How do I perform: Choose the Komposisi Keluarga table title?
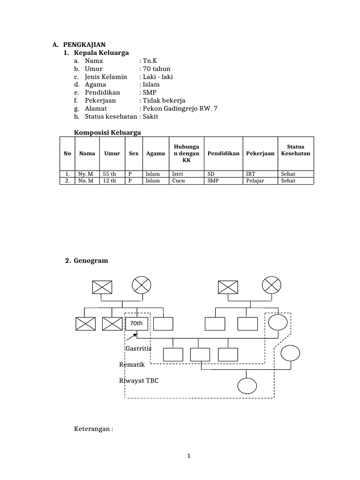point(108,133)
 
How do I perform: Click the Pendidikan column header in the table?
point(224,153)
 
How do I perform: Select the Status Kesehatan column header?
point(295,150)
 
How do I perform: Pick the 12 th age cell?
point(109,180)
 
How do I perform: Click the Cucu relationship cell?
point(178,180)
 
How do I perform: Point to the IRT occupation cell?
point(251,174)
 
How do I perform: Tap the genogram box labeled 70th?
point(136,323)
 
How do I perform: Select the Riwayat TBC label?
point(139,381)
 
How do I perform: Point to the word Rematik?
point(132,365)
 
